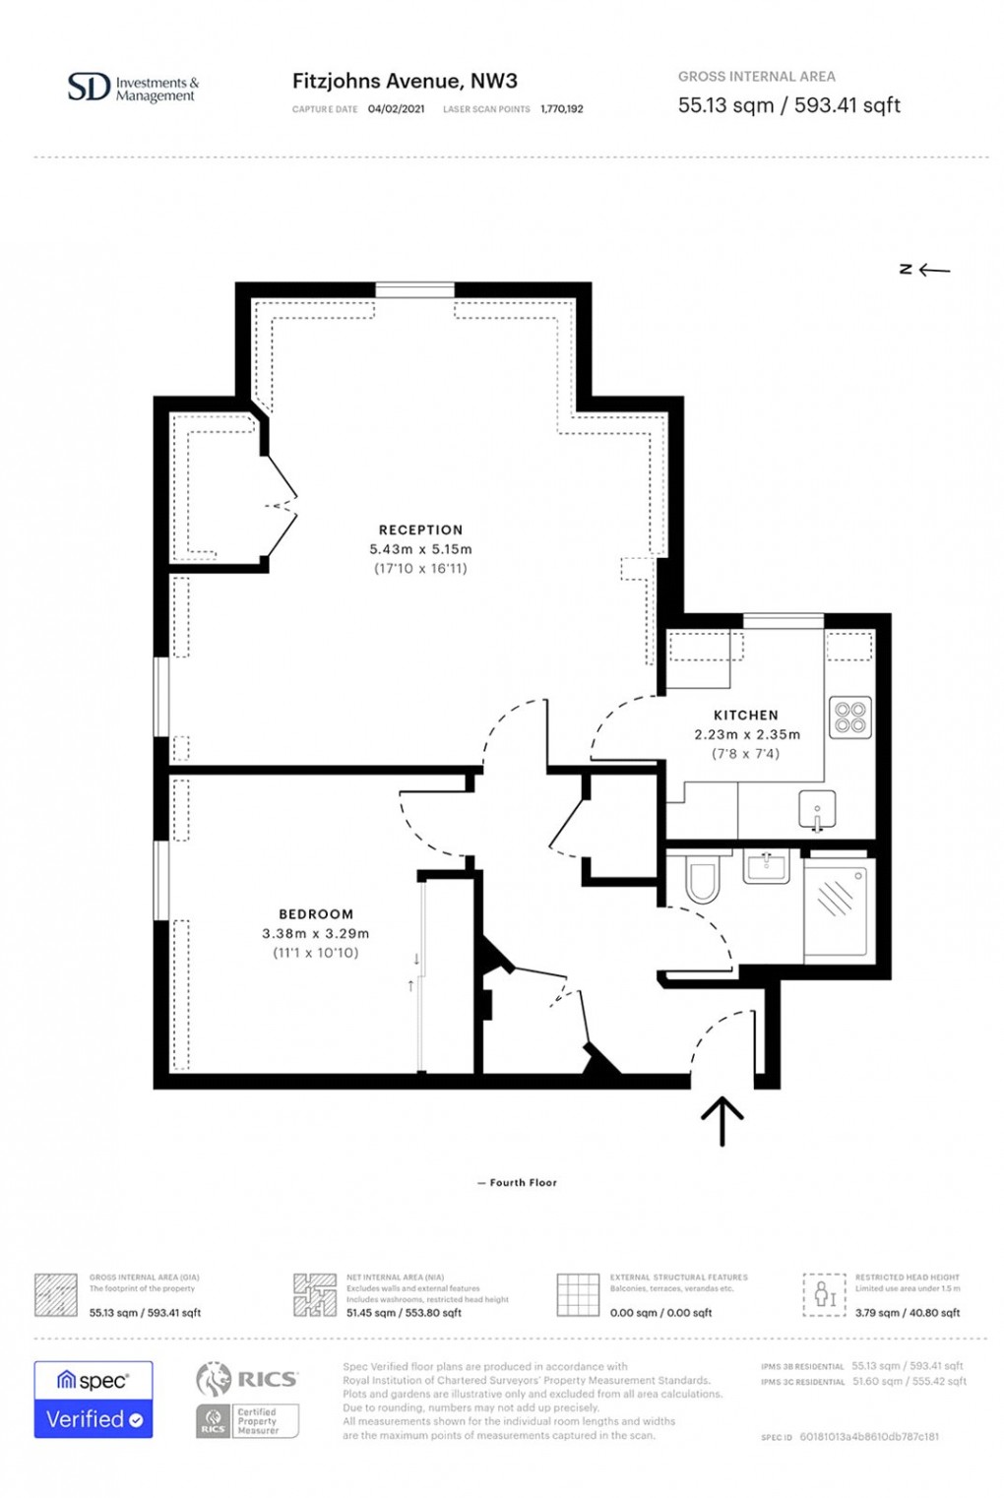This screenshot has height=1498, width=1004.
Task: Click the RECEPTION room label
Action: click(420, 530)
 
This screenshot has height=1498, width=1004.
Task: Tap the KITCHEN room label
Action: click(745, 716)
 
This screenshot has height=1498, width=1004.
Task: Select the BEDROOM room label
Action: click(315, 914)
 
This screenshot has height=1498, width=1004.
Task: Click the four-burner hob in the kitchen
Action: click(849, 717)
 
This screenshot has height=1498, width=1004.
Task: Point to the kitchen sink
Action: click(816, 810)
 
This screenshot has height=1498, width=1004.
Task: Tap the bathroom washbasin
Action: click(765, 867)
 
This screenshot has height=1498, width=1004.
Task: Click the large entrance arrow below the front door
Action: click(722, 1121)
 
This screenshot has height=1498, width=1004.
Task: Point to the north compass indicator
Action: click(924, 270)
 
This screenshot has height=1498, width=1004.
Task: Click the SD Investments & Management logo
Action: click(132, 89)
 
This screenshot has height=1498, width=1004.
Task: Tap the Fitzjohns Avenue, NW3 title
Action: click(405, 82)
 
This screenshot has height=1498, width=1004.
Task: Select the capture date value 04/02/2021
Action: click(396, 109)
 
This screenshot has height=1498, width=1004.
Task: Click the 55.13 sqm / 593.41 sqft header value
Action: click(788, 105)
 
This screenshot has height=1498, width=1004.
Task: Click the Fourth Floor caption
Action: click(517, 1183)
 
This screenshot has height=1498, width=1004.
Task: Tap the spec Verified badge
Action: click(94, 1400)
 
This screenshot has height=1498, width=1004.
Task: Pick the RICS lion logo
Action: click(214, 1380)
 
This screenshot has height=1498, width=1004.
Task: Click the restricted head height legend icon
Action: click(824, 1295)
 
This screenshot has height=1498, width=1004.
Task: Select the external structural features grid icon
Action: click(578, 1295)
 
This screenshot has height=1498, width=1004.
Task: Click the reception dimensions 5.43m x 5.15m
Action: click(420, 549)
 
